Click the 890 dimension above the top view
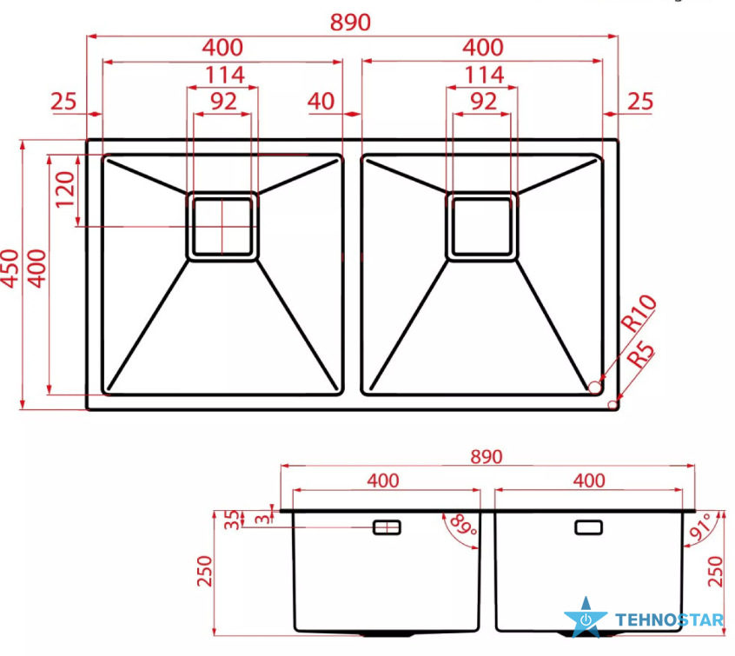pyautogui.click(x=350, y=22)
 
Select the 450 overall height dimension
pyautogui.click(x=10, y=268)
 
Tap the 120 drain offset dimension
pyautogui.click(x=64, y=189)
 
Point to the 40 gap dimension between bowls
pyautogui.click(x=321, y=102)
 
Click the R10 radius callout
pyautogui.click(x=639, y=313)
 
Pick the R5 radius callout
pyautogui.click(x=641, y=355)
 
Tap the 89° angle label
pyautogui.click(x=463, y=525)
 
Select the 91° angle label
pyautogui.click(x=701, y=528)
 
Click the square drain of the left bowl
pyautogui.click(x=222, y=226)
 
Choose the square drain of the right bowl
pyautogui.click(x=482, y=226)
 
